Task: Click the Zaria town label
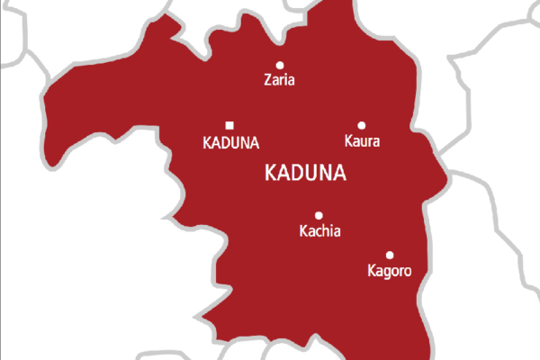(279, 80)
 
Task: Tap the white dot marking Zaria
(279, 65)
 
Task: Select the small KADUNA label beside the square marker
(231, 142)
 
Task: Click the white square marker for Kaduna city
(229, 125)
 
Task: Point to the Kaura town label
(363, 141)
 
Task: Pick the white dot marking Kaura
(362, 126)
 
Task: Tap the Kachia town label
(319, 231)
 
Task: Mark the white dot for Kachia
(319, 215)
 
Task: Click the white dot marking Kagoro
(390, 255)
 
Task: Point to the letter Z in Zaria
(266, 80)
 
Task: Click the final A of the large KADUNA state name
(343, 173)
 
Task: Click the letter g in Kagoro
(388, 272)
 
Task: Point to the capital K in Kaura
(349, 141)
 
